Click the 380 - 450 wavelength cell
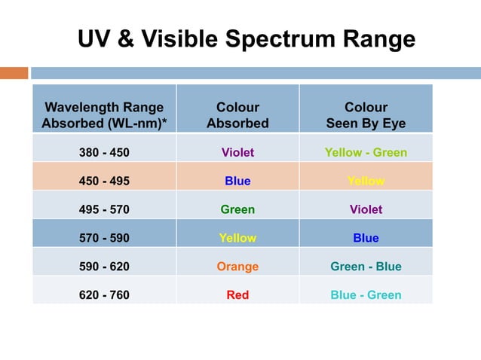pos(104,152)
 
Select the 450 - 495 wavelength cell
pos(104,181)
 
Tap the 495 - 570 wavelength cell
pos(104,209)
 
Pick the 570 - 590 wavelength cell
pos(104,238)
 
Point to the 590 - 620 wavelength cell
pos(104,267)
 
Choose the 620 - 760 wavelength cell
pos(104,295)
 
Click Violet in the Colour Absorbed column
pos(237,152)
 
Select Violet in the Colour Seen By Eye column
pos(366,209)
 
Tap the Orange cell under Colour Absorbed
pos(237,267)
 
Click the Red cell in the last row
pos(237,295)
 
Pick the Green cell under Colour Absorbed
pos(237,209)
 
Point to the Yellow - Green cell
pos(366,152)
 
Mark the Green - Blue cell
pos(366,267)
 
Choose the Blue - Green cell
pos(366,295)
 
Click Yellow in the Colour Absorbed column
pos(237,238)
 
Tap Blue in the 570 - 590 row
pos(366,238)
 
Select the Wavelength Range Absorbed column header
pos(104,115)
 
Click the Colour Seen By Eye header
pos(366,115)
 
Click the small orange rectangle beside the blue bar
pos(14,73)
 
